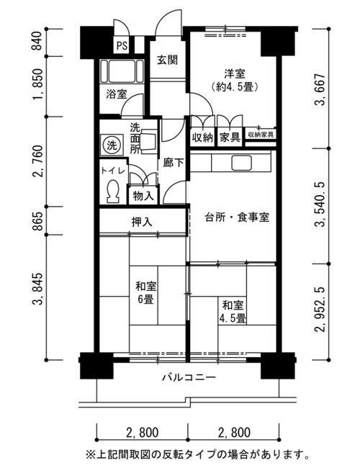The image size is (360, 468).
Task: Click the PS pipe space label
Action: pos(122,45)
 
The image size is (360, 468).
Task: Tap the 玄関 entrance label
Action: pos(168,60)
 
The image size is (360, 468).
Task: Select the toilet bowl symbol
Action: pos(113,192)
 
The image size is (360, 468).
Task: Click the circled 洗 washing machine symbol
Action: pos(112,145)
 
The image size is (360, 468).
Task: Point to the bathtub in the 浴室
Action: pos(122,71)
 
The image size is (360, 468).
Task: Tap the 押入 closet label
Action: pos(142,222)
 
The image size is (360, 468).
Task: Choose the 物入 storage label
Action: pos(143,197)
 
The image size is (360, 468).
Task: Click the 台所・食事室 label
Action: pos(237,217)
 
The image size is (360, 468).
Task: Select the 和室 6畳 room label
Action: pos(146,293)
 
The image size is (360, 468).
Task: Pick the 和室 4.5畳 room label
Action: pos(233,312)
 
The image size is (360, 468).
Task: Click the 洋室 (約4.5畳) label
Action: pos(235,81)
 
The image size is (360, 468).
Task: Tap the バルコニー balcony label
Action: pos(189,377)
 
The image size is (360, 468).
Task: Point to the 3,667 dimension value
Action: pos(322,89)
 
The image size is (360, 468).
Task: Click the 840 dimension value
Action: pos(38,41)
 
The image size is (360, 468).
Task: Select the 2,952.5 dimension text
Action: pos(322,310)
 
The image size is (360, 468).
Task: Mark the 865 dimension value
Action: pos(38,221)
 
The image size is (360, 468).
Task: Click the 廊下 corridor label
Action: pos(174,163)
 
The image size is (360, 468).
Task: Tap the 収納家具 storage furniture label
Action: pos(261,135)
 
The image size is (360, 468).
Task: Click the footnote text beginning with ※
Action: pos(197,455)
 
